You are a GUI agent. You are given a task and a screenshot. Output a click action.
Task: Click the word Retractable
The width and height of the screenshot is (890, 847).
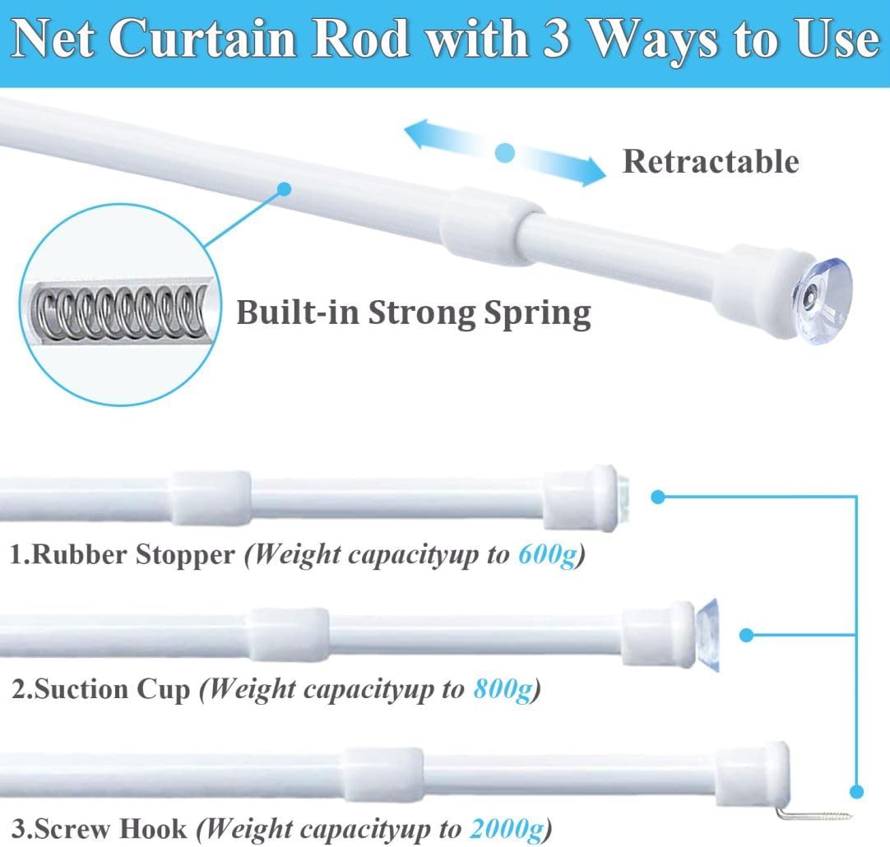711,161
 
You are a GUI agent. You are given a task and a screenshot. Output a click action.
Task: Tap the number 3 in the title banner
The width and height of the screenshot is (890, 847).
556,39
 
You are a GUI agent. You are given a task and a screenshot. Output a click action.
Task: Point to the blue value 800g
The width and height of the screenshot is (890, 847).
503,690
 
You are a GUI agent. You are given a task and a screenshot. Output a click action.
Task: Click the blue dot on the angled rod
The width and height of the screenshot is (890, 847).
285,189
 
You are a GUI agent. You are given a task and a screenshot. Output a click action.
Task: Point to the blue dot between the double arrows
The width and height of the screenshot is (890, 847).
504,153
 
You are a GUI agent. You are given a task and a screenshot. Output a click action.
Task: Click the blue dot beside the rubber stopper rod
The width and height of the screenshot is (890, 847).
658,497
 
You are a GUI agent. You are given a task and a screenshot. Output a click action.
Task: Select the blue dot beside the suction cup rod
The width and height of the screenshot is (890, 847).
747,636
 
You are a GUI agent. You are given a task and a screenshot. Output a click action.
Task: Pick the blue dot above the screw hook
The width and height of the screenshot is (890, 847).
856,791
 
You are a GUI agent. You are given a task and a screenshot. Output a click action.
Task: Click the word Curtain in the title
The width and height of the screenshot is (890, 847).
202,39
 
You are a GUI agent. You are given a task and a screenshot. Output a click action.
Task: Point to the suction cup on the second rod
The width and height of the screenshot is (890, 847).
707,635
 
